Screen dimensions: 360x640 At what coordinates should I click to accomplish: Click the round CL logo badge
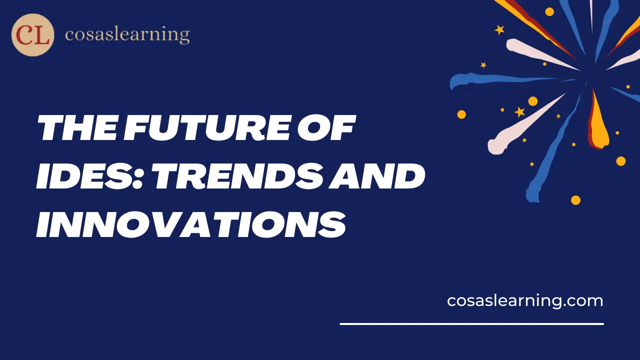click(x=32, y=35)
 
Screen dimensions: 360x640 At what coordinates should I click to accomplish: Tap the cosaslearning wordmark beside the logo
click(x=127, y=35)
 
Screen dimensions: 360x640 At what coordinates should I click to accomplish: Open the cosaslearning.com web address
click(x=525, y=300)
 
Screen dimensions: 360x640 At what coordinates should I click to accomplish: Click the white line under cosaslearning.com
click(x=471, y=324)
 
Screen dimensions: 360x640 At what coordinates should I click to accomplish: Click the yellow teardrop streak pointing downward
click(x=598, y=122)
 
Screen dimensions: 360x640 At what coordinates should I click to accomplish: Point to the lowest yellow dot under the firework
click(x=575, y=200)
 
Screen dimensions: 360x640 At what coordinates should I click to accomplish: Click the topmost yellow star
click(x=499, y=30)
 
